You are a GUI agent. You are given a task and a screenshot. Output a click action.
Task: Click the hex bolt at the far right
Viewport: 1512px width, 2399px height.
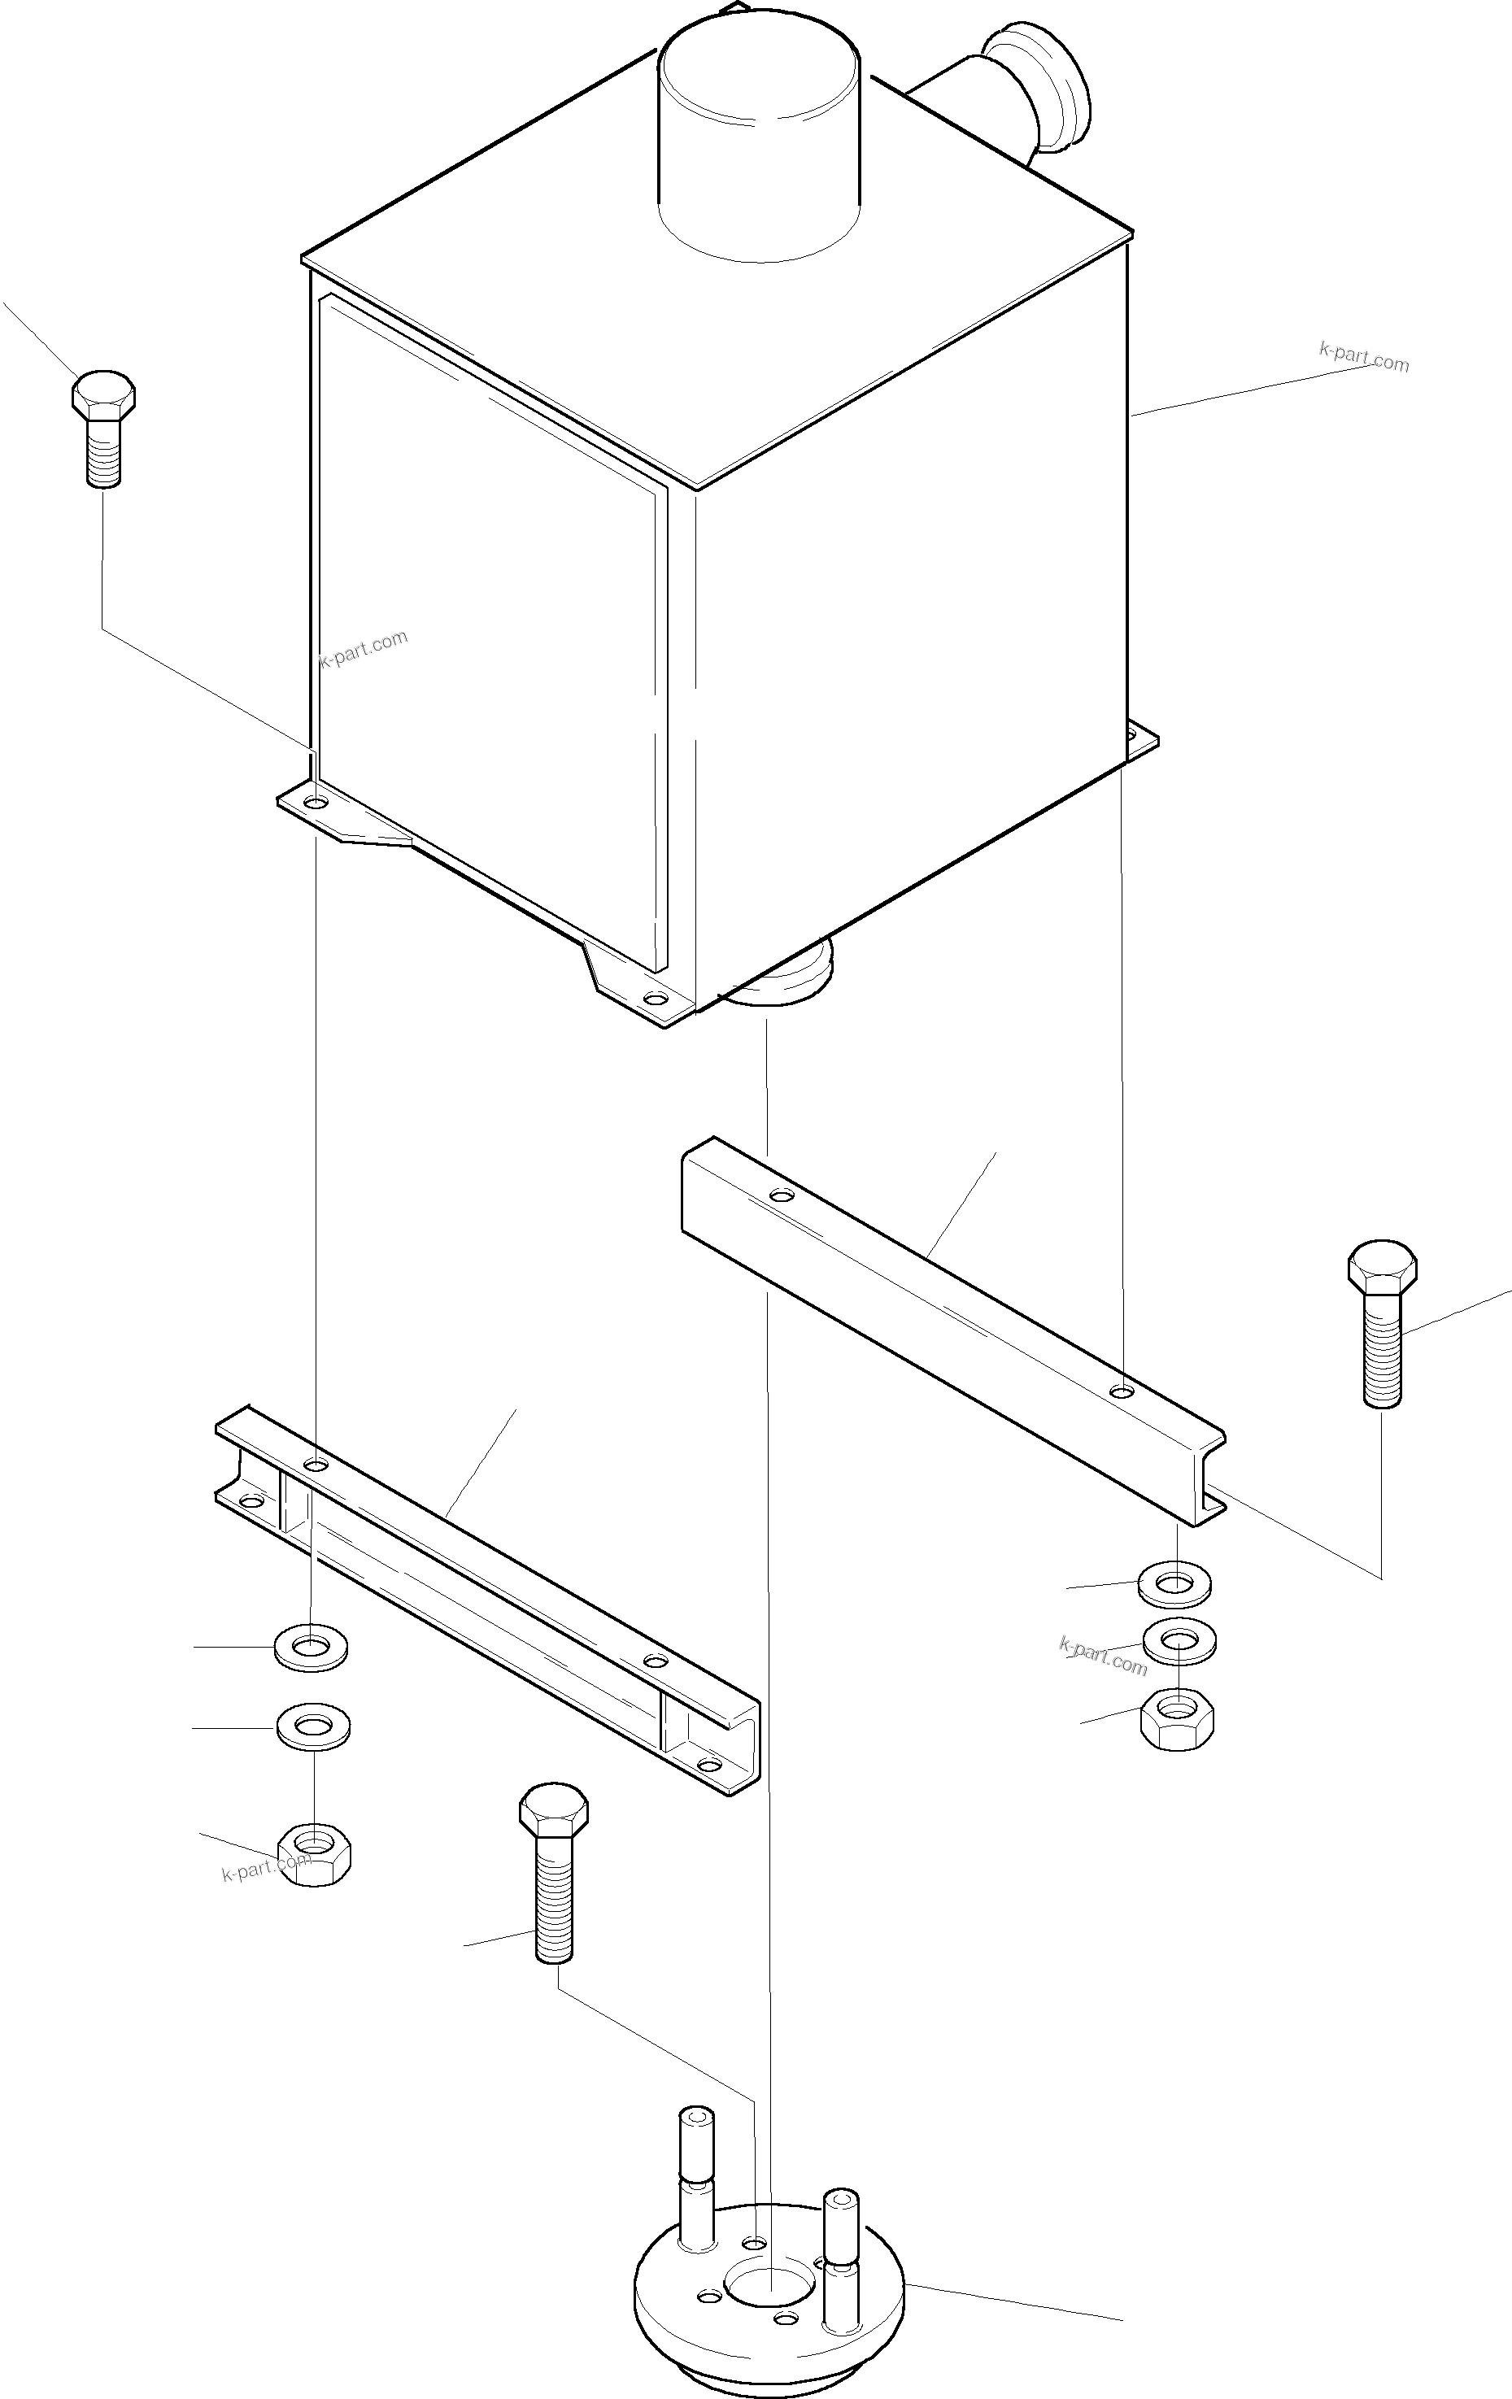coord(1381,1321)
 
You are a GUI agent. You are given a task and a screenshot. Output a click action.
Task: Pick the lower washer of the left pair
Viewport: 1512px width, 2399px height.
coord(313,1725)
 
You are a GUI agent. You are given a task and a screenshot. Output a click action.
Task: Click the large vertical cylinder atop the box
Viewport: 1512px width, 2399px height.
coord(760,140)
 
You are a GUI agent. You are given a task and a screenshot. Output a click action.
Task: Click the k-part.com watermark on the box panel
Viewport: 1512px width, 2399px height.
coord(364,649)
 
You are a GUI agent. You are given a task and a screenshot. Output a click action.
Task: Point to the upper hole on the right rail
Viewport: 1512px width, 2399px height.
coord(782,1194)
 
